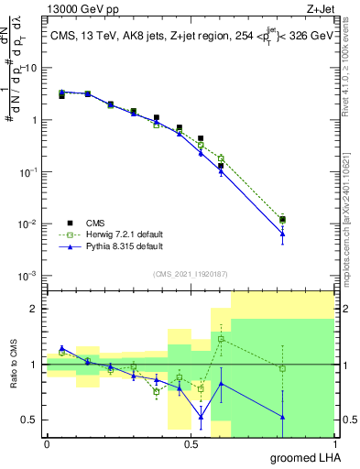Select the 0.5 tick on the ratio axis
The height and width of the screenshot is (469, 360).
[29, 420]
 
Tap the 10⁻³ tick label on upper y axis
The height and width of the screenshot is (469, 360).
[27, 276]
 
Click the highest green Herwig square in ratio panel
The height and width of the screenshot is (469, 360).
[221, 339]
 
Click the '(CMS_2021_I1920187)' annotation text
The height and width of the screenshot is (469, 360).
[190, 273]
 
